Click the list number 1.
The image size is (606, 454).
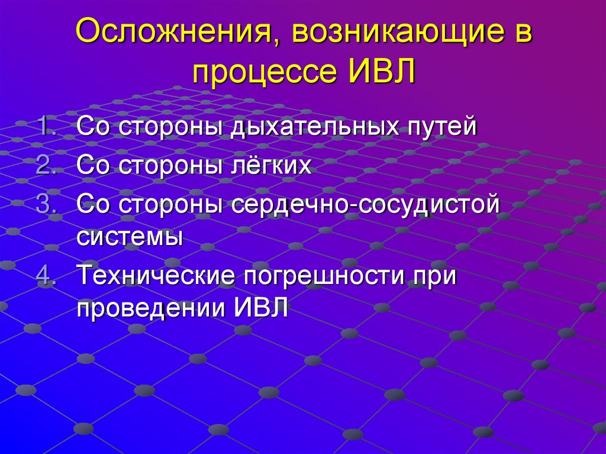pos(46,127)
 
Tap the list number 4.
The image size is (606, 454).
pos(46,276)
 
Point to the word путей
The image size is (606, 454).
pos(440,128)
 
